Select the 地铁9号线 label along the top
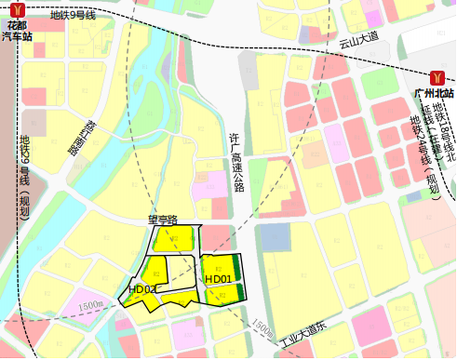(73, 15)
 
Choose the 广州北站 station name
(434, 94)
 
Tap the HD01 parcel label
(218, 278)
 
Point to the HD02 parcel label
(142, 289)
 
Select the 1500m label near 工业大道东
(262, 328)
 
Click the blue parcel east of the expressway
(276, 236)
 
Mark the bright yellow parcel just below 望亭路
(172, 237)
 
